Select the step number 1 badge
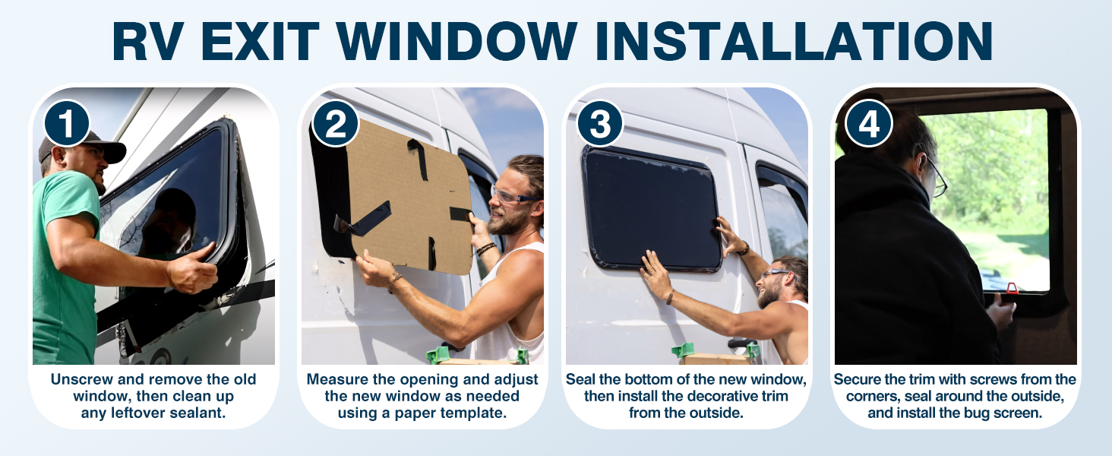[67, 123]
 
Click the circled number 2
[335, 123]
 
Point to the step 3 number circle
[600, 123]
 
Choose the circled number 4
[868, 123]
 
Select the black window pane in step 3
[649, 205]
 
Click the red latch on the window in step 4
[1012, 287]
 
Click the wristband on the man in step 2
[485, 249]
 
